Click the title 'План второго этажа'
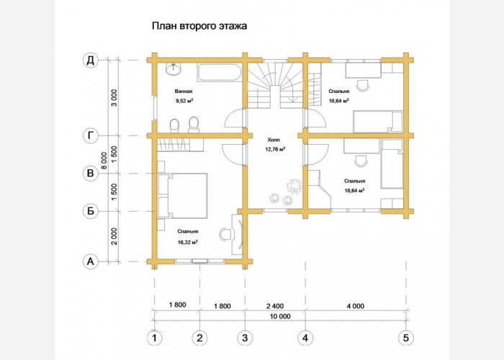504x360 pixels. tap(199, 26)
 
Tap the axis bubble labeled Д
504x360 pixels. tap(91, 60)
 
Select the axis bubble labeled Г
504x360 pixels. tap(91, 136)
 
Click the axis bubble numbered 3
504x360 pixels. tap(245, 338)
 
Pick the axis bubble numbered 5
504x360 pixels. tap(406, 338)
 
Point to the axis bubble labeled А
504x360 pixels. tap(91, 261)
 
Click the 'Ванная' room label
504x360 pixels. tap(184, 91)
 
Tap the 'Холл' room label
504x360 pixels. tap(274, 140)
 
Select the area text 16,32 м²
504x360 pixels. tap(187, 242)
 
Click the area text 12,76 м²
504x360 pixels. tap(275, 149)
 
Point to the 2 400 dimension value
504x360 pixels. tap(275, 306)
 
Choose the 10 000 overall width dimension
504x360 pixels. tap(280, 316)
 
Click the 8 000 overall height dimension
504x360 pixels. tap(104, 161)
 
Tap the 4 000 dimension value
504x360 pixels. tap(356, 306)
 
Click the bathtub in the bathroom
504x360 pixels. tap(219, 73)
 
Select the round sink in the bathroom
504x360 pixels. tap(174, 69)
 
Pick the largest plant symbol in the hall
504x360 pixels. tap(294, 186)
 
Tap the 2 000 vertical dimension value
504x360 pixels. tap(114, 237)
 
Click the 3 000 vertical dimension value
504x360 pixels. tap(114, 98)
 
